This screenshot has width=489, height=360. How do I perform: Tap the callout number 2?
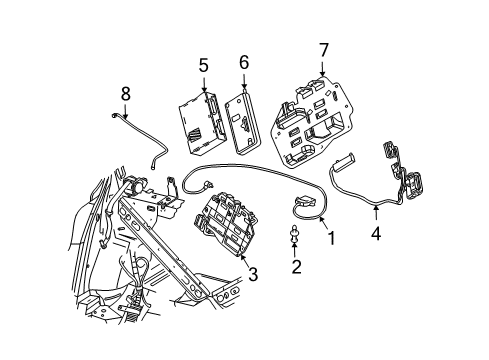point(296,266)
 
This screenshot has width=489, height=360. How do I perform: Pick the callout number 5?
point(203,66)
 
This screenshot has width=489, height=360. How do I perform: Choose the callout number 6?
point(243,64)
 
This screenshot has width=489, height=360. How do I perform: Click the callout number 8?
point(126,93)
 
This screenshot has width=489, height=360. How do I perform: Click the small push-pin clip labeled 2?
point(296,236)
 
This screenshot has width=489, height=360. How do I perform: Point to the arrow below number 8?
point(126,111)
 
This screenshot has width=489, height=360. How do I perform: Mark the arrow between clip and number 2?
point(296,249)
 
